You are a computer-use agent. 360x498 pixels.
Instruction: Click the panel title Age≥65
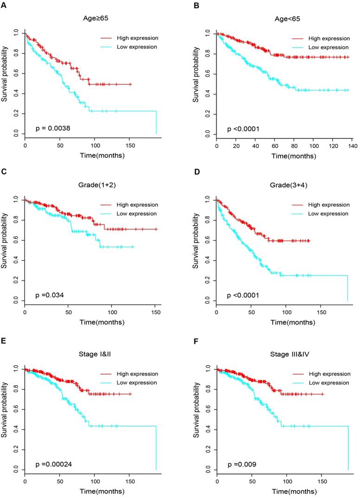[x=91, y=20]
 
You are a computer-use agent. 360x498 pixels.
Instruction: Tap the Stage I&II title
[x=91, y=356]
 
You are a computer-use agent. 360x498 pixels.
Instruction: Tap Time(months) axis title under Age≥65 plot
[x=91, y=156]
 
